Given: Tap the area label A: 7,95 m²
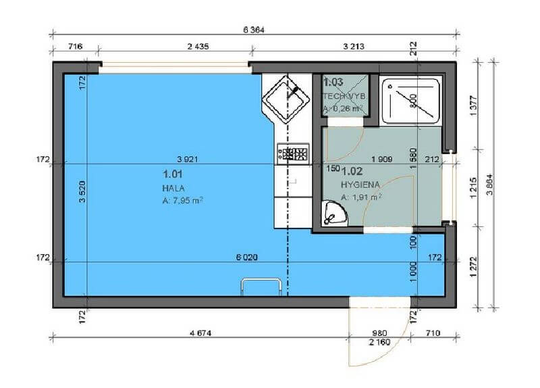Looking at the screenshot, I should pyautogui.click(x=183, y=199).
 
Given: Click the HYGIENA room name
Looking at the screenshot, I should pyautogui.click(x=360, y=184).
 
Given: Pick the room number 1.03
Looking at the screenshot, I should pyautogui.click(x=333, y=82).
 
